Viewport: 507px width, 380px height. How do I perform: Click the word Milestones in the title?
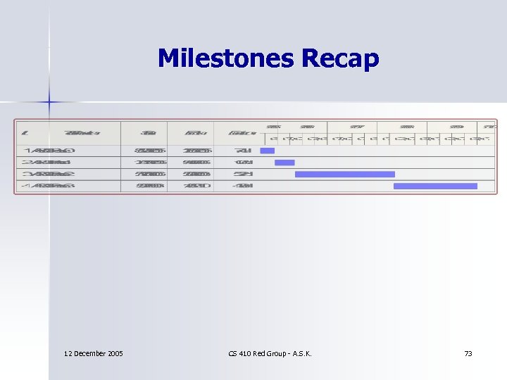tap(226, 58)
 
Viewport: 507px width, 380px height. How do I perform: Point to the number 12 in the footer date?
tap(68, 353)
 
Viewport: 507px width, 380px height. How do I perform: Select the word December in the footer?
tap(89, 353)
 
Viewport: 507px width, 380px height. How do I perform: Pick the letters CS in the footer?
tap(232, 353)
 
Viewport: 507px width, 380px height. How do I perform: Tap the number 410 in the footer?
tap(246, 353)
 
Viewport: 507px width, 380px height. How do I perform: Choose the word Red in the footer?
tap(261, 353)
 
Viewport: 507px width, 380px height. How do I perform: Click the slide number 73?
tap(468, 353)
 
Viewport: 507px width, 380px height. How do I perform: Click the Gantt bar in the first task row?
tap(267, 151)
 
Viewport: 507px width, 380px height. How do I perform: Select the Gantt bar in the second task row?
tap(284, 163)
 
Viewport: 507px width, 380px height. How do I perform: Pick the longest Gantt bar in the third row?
tap(345, 174)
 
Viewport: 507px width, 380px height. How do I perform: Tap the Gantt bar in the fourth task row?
tap(435, 186)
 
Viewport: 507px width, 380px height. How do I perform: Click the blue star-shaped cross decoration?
tap(49, 102)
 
